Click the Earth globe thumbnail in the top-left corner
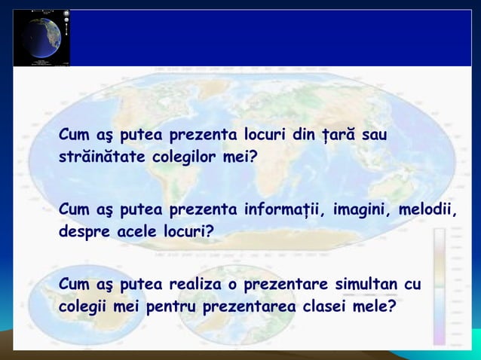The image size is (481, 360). (x=41, y=38)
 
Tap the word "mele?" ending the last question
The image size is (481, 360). (x=375, y=307)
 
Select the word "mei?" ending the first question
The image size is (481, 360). (x=240, y=158)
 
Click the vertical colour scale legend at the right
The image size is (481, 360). (x=439, y=286)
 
